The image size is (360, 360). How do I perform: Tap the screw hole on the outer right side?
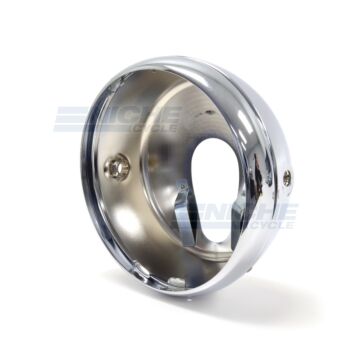coord(287,178)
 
